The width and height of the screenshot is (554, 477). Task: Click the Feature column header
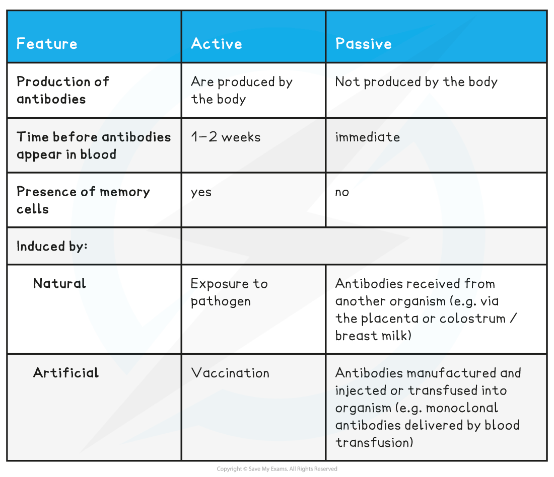pyautogui.click(x=47, y=44)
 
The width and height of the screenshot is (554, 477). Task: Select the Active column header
pyautogui.click(x=217, y=44)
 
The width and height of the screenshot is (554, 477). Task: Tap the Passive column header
pyautogui.click(x=364, y=44)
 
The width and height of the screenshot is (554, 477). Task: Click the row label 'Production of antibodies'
pyautogui.click(x=62, y=91)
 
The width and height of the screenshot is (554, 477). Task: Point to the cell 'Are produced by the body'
pyautogui.click(x=242, y=91)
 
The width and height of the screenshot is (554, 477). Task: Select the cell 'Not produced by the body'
pyautogui.click(x=416, y=82)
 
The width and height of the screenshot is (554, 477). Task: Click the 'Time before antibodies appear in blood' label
pyautogui.click(x=94, y=145)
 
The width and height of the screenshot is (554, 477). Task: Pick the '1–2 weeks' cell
pyautogui.click(x=226, y=137)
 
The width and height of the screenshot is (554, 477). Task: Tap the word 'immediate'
pyautogui.click(x=368, y=137)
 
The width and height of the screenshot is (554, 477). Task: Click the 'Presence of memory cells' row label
pyautogui.click(x=83, y=200)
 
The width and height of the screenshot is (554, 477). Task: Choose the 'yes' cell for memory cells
pyautogui.click(x=201, y=192)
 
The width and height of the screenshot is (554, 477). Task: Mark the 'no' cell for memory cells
pyautogui.click(x=342, y=192)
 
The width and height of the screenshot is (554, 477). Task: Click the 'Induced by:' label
pyautogui.click(x=52, y=247)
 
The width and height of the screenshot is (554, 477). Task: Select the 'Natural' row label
pyautogui.click(x=59, y=283)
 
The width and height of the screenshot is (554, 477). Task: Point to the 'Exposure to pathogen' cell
pyautogui.click(x=229, y=292)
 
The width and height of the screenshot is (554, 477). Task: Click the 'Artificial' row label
pyautogui.click(x=66, y=373)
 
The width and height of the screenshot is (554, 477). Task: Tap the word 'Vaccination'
pyautogui.click(x=230, y=373)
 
